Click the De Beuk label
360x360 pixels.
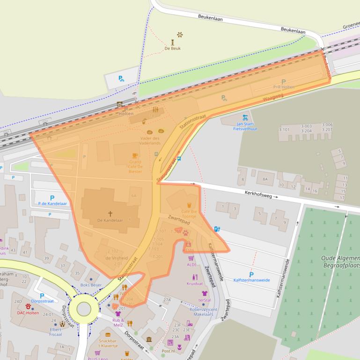click(x=172, y=48)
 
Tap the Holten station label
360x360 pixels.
click(x=126, y=114)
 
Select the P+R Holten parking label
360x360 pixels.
click(x=284, y=87)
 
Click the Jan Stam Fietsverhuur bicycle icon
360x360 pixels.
click(x=245, y=117)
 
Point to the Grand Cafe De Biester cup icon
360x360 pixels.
click(x=135, y=155)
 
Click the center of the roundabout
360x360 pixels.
click(x=83, y=309)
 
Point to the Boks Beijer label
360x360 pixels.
click(x=91, y=285)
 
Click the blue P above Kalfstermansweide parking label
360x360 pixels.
click(x=251, y=274)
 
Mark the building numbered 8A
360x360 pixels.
click(x=265, y=179)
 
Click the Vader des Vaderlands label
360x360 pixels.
click(x=150, y=140)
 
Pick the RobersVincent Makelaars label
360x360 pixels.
click(x=204, y=312)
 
